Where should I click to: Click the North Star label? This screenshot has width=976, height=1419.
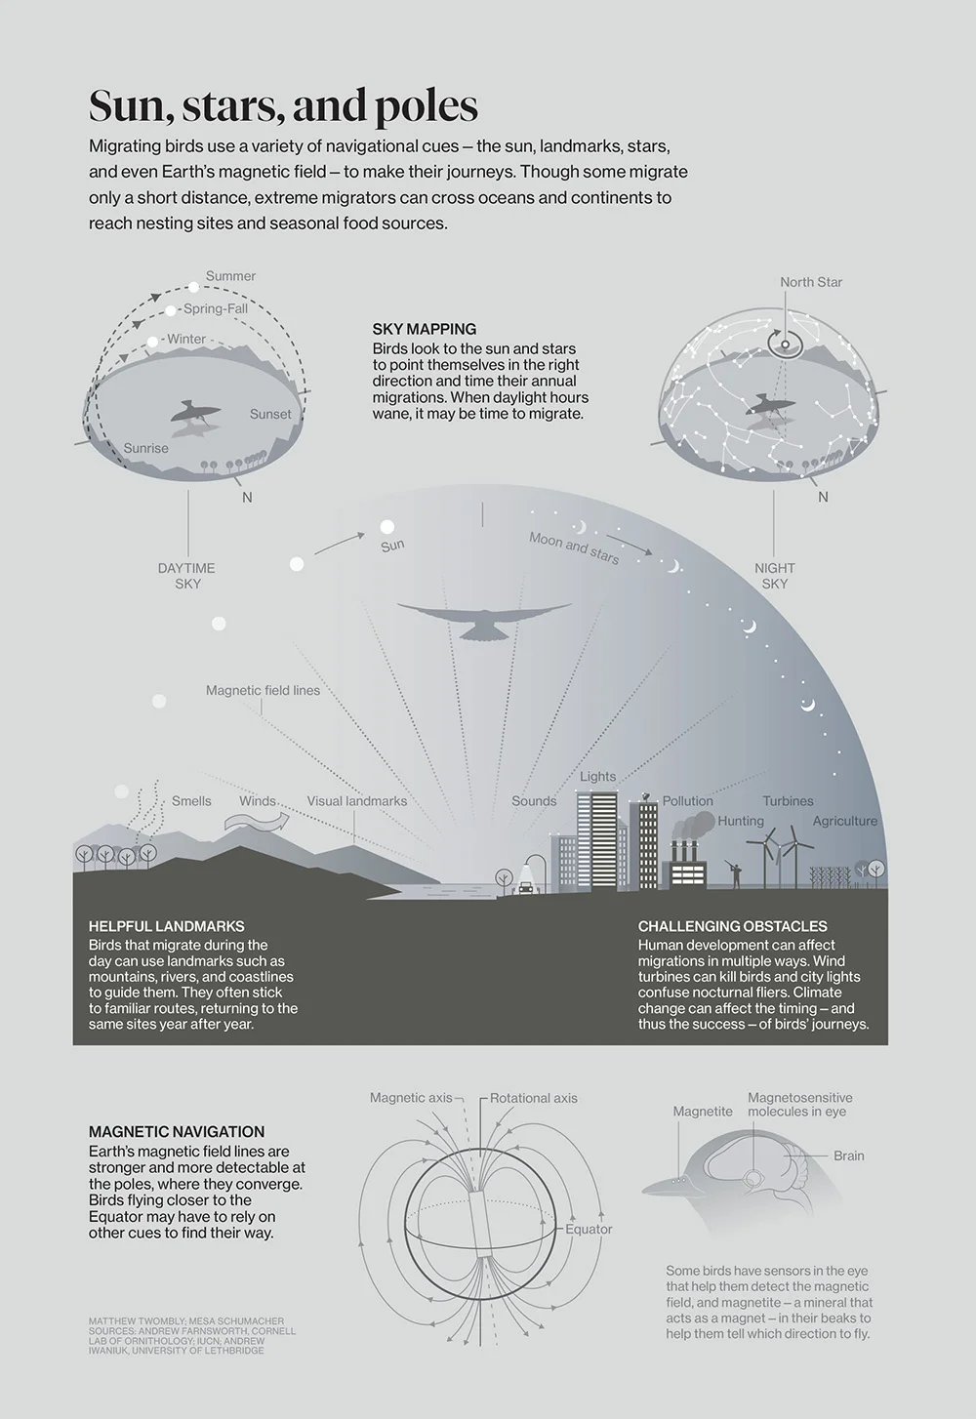point(811,282)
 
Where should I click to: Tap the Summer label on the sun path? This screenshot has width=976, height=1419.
point(230,276)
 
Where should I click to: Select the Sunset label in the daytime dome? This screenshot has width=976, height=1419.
point(270,415)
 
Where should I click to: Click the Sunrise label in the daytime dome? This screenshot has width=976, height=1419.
point(145,449)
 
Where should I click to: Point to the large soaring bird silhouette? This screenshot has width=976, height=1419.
point(484,620)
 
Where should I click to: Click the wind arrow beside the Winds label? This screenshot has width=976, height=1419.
point(257,821)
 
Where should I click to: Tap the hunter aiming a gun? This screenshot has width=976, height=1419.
point(735,873)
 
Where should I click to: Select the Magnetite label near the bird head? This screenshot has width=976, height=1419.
point(703,1112)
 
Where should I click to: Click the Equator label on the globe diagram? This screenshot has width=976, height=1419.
point(589,1229)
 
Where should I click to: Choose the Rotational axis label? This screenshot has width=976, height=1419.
point(533,1098)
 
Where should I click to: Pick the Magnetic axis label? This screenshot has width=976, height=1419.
point(411,1098)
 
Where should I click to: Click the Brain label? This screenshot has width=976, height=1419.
point(849,1155)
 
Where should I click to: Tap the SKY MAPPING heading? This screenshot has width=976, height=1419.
point(425,329)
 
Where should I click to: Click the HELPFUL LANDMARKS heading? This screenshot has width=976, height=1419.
point(167,926)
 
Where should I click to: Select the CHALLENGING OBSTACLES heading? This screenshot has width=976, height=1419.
point(733,926)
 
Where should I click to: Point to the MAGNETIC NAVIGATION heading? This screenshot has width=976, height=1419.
point(177,1131)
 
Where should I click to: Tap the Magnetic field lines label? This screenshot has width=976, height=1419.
point(263,691)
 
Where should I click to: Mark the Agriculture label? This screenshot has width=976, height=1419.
point(845,821)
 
